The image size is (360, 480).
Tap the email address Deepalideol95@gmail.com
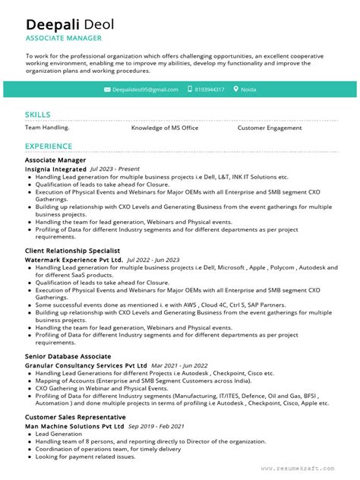145,90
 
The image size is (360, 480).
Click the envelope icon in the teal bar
106,90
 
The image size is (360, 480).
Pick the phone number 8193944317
209,90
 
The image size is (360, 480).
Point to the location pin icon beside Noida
235,90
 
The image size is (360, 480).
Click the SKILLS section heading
38,114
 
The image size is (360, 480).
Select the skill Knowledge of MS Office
165,128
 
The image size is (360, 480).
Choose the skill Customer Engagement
270,128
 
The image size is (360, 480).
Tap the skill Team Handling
47,128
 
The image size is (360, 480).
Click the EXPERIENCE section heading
49,146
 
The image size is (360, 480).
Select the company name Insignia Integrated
55,169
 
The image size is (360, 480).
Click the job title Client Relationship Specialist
73,250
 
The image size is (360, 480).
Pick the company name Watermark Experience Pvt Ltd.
74,260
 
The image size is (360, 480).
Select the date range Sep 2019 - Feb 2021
156,427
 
